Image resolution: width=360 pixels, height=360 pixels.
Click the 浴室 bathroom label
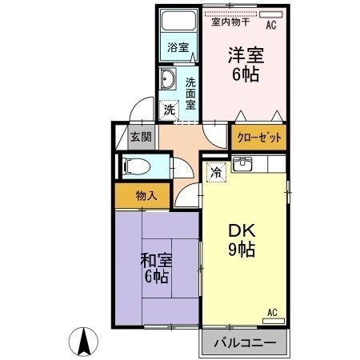178,48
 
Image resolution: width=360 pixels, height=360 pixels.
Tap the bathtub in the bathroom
178,22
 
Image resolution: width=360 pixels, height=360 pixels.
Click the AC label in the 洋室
270,25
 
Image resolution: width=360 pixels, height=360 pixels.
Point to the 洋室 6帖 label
246,64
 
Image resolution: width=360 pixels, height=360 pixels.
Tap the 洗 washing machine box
169,110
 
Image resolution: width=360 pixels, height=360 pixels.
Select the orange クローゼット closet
259,138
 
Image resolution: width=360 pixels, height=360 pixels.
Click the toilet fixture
138,167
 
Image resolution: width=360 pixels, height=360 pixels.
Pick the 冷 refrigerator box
216,171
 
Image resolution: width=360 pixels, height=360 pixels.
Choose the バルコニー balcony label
243,345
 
